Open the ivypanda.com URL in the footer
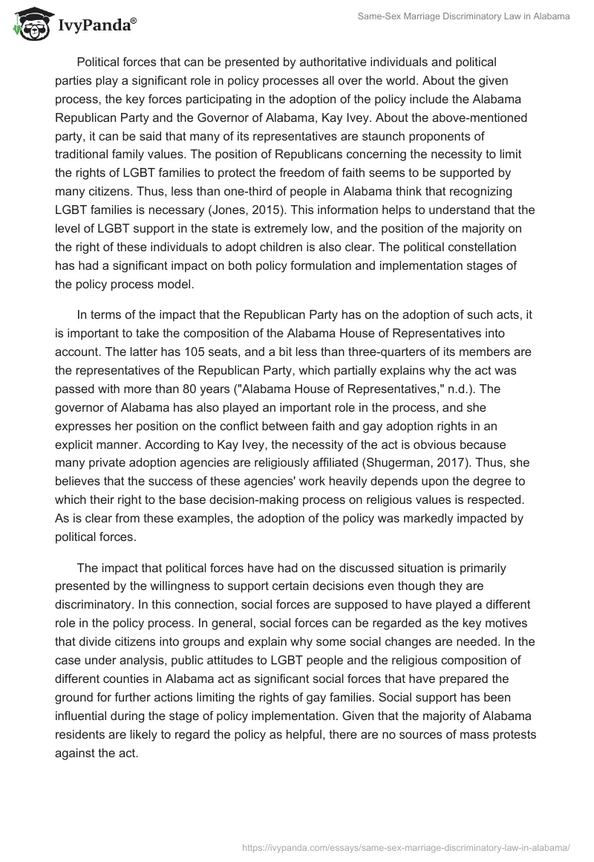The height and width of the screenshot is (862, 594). click(x=408, y=846)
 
